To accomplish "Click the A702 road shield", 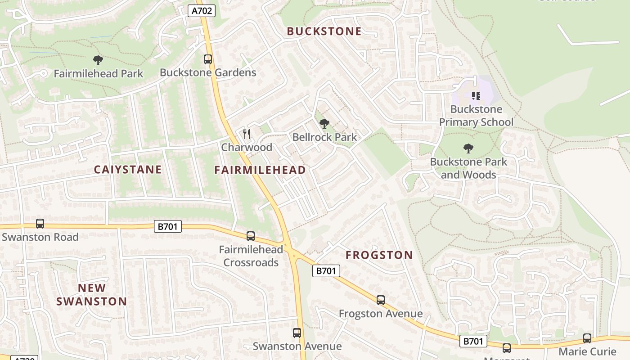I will tap(201, 11).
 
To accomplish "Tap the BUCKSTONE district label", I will tap(324, 31).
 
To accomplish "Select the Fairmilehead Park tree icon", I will tap(98, 60).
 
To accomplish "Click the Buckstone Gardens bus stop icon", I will tap(207, 59).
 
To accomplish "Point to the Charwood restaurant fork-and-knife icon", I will tap(246, 134).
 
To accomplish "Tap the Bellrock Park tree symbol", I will tap(324, 123).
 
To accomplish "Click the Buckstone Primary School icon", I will tap(476, 95).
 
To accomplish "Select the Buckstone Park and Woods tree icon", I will tap(468, 148).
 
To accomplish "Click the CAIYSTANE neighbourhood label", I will tap(127, 170).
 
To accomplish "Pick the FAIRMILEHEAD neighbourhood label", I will tap(260, 170).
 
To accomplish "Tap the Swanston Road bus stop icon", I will tap(40, 224).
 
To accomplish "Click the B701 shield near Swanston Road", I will tap(168, 226).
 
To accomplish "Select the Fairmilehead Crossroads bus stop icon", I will tap(251, 236).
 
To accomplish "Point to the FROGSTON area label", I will tap(379, 255).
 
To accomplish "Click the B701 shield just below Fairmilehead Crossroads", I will tap(326, 270).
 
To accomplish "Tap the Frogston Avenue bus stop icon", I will tap(381, 300).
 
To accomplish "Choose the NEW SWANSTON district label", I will tap(92, 295).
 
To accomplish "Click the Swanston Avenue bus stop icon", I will tap(297, 333).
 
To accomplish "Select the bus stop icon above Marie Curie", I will tap(587, 338).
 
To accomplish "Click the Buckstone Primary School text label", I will tap(476, 116).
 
